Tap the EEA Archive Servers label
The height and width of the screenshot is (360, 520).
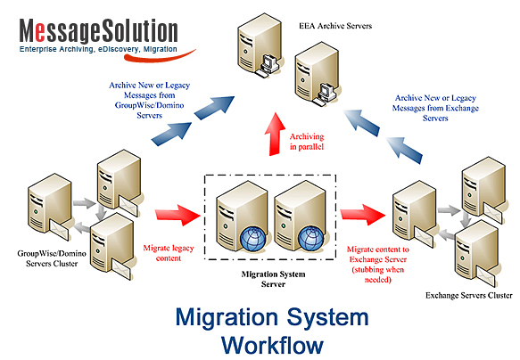pos(335,26)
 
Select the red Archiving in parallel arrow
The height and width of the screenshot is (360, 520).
pos(275,135)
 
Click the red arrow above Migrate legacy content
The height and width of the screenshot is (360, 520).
pos(177,216)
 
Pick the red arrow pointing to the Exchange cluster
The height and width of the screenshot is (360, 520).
pos(363,215)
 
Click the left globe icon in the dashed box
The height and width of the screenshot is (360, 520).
pos(252,238)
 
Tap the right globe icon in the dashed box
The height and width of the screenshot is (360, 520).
pos(310,237)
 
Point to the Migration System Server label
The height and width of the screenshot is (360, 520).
pos(273,279)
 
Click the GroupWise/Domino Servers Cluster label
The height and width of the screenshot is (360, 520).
pos(52,258)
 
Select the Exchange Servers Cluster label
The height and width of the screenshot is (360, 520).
pos(469,295)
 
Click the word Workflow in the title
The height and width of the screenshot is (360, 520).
pos(272,346)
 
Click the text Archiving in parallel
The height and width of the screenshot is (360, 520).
pos(307,142)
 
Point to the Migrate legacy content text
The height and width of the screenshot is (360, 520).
pos(169,253)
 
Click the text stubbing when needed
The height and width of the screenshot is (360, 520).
pos(377,274)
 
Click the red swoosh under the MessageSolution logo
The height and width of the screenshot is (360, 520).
pos(159,57)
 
